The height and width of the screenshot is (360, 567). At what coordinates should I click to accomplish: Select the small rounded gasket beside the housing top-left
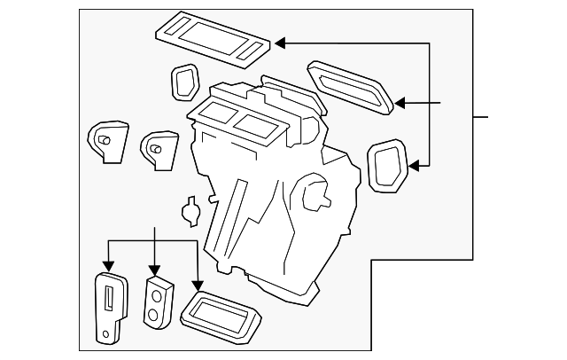[x=183, y=82]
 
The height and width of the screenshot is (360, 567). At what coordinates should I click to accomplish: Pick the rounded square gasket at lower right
[x=386, y=166]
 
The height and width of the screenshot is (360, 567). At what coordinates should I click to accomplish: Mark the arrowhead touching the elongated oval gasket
[x=400, y=104]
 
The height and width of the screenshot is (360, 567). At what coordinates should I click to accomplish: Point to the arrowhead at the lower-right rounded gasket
[x=415, y=163]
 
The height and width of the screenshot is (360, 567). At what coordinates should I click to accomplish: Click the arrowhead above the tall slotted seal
[x=108, y=265]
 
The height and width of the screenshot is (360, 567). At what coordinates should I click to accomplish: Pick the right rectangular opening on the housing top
[x=258, y=126]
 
